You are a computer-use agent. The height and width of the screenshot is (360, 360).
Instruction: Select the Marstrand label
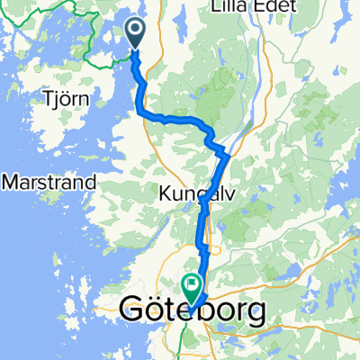(x=49, y=182)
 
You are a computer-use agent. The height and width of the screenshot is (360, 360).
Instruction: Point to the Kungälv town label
(x=193, y=193)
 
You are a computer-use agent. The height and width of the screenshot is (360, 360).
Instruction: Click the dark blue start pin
(x=135, y=34)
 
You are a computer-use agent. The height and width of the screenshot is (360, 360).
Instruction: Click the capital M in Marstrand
(x=11, y=182)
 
